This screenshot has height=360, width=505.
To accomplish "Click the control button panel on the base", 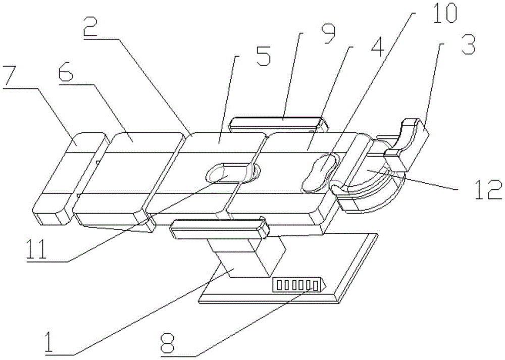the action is point(296,286).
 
